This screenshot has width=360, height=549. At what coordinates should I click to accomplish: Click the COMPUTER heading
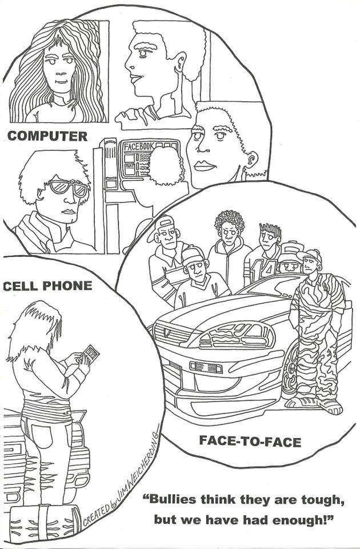(x=47, y=136)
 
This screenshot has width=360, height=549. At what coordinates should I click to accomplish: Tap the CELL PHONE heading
(x=47, y=286)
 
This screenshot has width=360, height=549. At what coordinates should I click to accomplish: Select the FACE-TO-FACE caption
(x=250, y=441)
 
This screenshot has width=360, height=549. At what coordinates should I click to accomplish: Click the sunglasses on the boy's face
(x=68, y=188)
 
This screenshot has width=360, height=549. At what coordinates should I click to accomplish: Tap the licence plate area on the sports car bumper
(x=206, y=367)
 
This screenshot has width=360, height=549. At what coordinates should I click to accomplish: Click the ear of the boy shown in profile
(x=181, y=62)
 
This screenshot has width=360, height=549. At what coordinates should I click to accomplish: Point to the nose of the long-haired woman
(x=59, y=72)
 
